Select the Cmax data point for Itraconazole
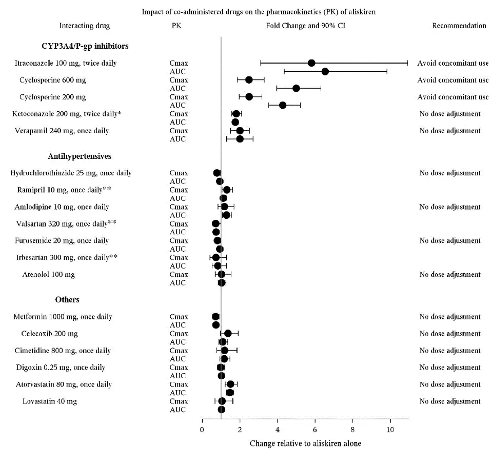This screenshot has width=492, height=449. (x=311, y=63)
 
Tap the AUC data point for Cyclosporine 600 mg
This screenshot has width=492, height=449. (x=296, y=88)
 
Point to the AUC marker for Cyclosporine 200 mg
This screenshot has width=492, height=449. (x=282, y=105)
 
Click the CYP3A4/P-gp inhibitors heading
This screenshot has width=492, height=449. (x=85, y=46)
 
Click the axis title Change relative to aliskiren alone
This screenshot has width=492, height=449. (x=305, y=443)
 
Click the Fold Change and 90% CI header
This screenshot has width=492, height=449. (x=305, y=26)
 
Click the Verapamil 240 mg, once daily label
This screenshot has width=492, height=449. (x=64, y=131)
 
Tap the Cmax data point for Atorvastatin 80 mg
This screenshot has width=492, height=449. (x=230, y=384)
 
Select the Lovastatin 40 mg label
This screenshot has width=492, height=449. (x=50, y=401)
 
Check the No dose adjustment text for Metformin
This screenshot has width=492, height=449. (x=450, y=317)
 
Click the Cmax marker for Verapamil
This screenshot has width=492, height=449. (x=240, y=131)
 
